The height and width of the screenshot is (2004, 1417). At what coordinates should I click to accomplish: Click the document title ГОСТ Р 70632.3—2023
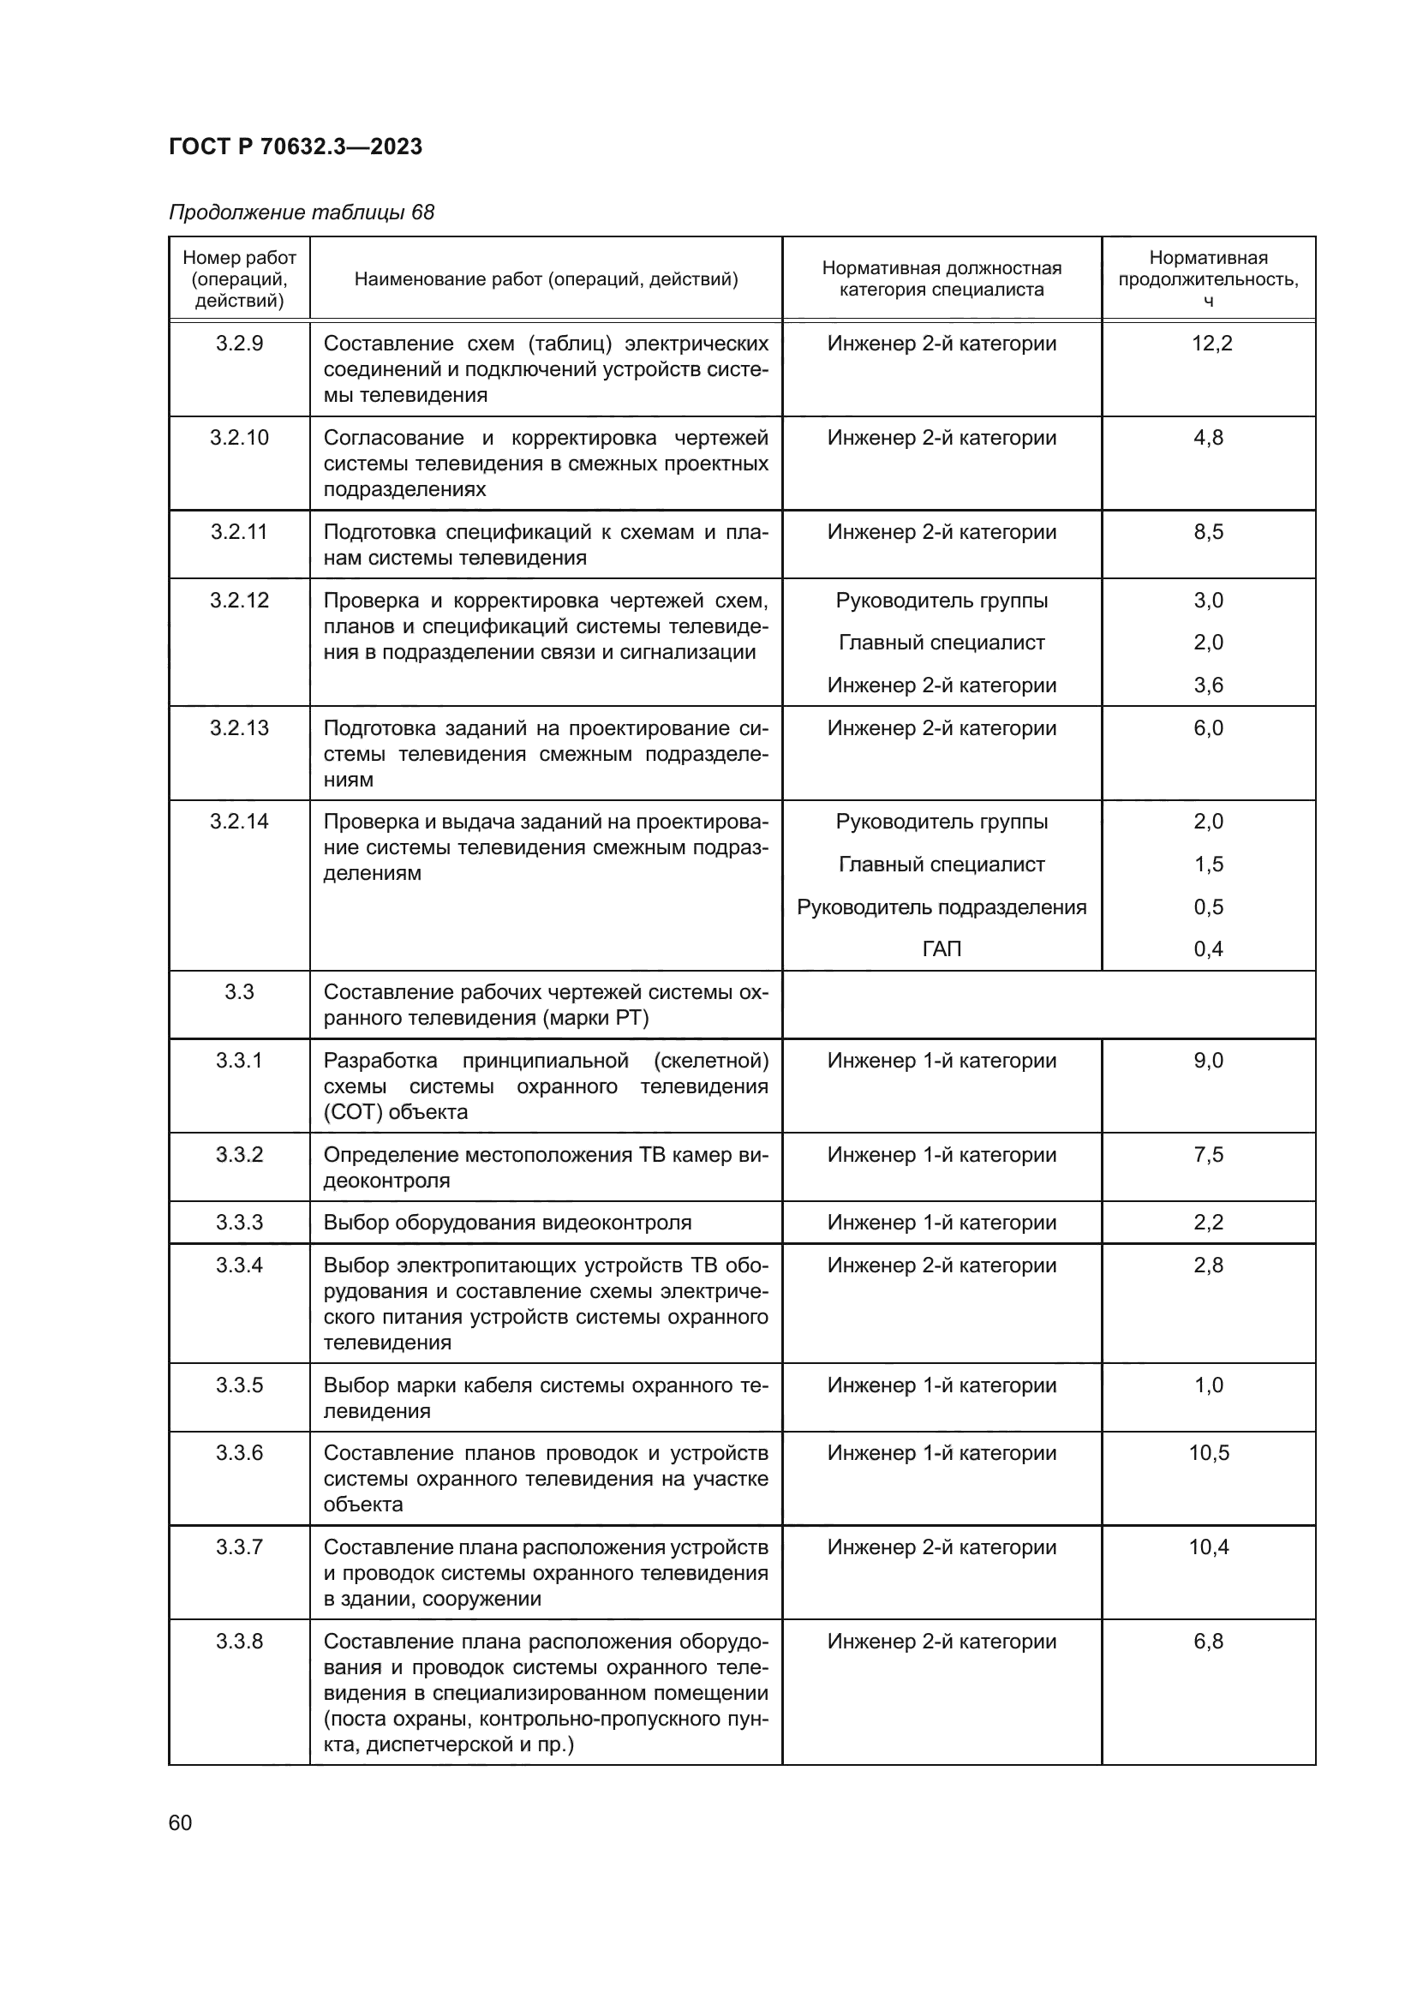pos(295,147)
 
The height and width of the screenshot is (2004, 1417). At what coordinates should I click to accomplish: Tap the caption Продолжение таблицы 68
pos(301,212)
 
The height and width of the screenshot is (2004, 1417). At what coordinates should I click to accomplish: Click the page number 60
pos(180,1822)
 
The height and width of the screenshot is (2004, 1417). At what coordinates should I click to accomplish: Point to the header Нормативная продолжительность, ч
pos(1208,278)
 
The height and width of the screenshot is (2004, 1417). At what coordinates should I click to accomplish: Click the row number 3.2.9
pos(239,343)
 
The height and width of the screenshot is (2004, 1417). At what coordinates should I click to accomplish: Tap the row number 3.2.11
pos(239,531)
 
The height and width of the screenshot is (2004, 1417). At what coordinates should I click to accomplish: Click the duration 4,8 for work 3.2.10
pos(1209,437)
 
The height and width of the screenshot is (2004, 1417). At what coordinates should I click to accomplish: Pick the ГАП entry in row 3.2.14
pos(942,948)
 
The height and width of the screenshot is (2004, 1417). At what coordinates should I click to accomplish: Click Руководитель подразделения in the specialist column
pos(942,906)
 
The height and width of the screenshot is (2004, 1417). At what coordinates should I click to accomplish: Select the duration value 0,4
pos(1209,948)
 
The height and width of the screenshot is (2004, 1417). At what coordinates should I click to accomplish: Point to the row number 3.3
pos(239,991)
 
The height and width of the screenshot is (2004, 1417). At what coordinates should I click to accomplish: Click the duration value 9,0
pos(1209,1061)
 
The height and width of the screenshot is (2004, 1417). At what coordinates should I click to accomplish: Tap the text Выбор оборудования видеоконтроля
pos(507,1223)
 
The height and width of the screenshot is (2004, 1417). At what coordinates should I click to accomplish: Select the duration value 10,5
pos(1209,1453)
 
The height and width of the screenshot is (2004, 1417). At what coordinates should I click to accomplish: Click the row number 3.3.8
pos(239,1642)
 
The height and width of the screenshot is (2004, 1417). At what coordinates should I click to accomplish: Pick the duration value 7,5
pos(1209,1155)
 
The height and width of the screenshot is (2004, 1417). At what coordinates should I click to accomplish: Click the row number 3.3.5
pos(239,1385)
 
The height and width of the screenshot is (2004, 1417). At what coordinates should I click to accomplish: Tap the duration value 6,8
pos(1209,1642)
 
